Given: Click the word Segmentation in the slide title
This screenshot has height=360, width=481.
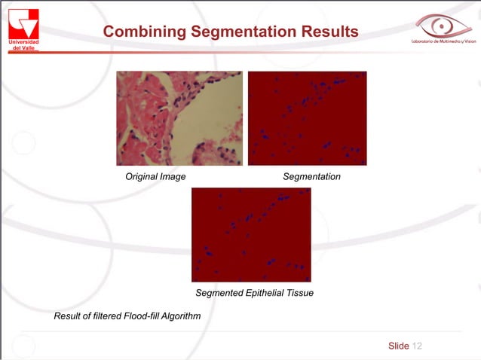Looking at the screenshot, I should coord(243,32).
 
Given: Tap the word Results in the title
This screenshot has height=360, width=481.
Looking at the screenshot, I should coord(329,32).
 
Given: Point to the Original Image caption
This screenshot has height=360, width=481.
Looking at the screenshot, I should coord(155,176).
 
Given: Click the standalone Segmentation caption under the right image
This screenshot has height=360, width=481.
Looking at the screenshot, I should coord(311,176).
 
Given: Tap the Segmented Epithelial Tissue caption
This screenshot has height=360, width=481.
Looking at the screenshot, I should coord(254,292).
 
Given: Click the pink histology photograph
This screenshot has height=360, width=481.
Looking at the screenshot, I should coord(179,118).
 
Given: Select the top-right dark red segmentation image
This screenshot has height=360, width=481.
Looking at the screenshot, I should coord(307,118).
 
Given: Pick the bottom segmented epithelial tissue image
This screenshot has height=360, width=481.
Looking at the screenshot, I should coord(251,235).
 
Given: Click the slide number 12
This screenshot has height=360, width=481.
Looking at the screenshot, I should coord(418,346).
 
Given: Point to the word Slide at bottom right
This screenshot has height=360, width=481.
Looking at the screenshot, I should coord(398,346).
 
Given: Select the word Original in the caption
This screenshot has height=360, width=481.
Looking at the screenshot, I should coord(142,176).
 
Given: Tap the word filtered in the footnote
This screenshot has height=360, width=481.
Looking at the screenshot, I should coord(103,316).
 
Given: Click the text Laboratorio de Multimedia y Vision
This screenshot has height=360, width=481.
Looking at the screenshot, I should coord(444,41).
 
